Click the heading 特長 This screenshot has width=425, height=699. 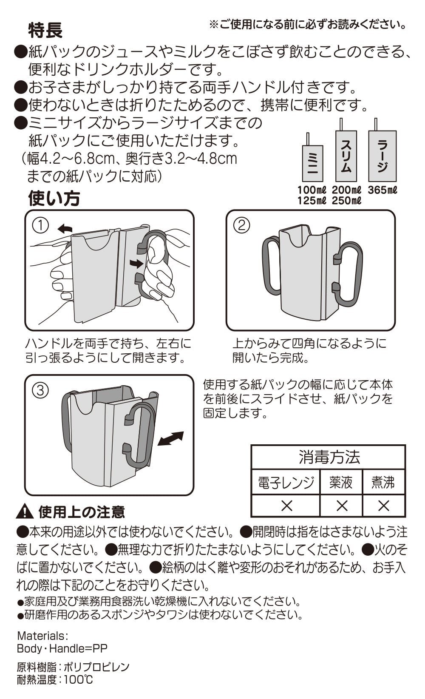(x=45, y=30)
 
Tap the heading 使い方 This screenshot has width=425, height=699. (x=54, y=198)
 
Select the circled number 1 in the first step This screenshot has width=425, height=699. (x=40, y=225)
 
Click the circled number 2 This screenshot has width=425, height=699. (x=242, y=225)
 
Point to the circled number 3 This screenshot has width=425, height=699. (x=40, y=390)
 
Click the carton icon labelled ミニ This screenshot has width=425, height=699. (x=312, y=163)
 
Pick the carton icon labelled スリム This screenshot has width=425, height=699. (x=346, y=156)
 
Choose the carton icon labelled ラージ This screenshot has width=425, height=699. (x=382, y=156)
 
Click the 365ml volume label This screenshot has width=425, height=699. (x=382, y=190)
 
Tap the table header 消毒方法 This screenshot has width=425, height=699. (x=329, y=457)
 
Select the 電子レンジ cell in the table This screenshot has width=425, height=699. (x=286, y=483)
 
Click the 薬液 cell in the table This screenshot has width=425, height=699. (x=341, y=483)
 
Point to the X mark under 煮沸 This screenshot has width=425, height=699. (x=383, y=506)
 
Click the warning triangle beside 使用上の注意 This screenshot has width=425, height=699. (x=25, y=511)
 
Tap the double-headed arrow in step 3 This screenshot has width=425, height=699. (x=170, y=438)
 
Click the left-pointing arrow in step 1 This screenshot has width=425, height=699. (x=65, y=229)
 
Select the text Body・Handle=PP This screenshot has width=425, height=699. (x=62, y=648)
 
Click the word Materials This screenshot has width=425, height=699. (x=42, y=636)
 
